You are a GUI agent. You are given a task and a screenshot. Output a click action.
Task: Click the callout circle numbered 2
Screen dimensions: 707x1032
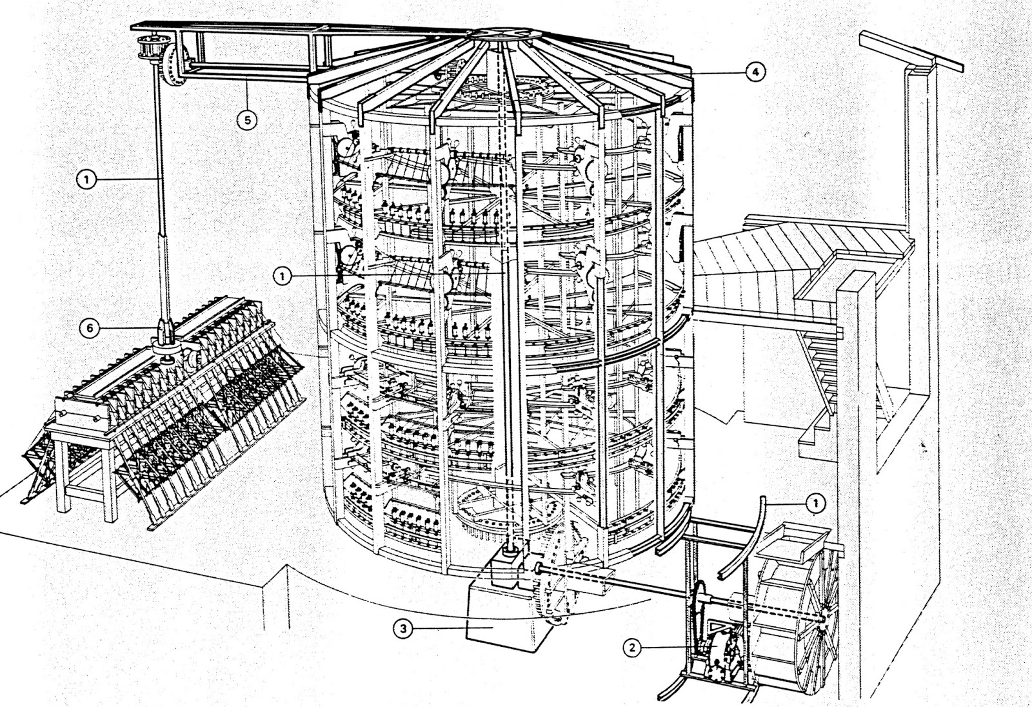click(633, 648)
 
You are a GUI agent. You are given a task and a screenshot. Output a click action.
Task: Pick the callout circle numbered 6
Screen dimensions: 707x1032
click(90, 327)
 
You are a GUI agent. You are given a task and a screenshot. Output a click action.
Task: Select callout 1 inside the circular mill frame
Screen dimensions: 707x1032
click(282, 276)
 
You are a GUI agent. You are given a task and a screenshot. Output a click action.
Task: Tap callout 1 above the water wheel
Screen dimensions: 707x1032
click(816, 502)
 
